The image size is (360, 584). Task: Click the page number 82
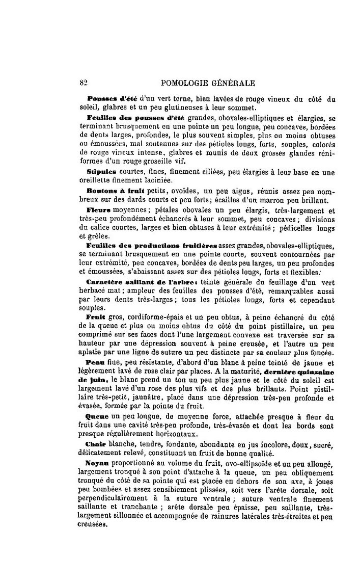(85, 82)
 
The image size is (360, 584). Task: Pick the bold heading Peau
(95, 363)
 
